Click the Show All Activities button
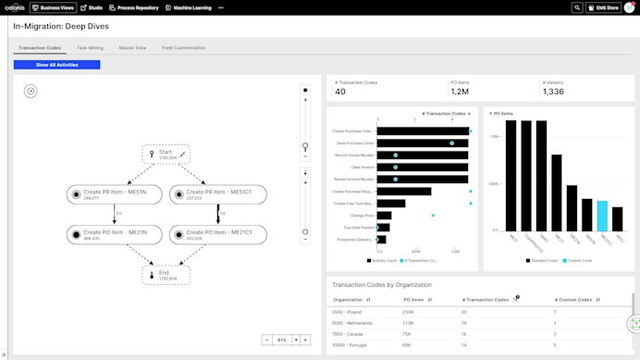tap(56, 65)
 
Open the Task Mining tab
tap(90, 47)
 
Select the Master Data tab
tap(132, 47)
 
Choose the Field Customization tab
tap(183, 47)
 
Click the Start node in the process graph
tap(166, 154)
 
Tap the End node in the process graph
tap(166, 274)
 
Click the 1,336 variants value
tap(553, 92)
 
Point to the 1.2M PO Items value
tap(459, 92)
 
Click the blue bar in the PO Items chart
tap(602, 216)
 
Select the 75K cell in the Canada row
tap(408, 334)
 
